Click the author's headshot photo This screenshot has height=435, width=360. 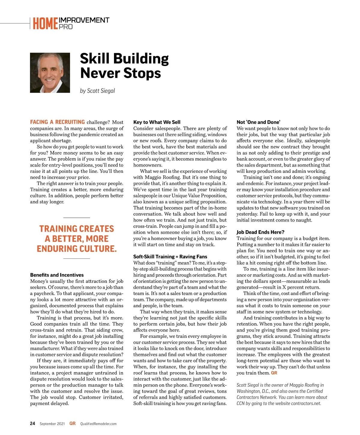(50, 73)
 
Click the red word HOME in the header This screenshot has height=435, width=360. (45, 24)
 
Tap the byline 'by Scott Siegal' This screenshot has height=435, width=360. (97, 91)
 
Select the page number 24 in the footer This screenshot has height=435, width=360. (32, 423)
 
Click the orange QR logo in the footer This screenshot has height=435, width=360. (72, 423)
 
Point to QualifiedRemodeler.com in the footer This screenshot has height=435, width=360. (98, 424)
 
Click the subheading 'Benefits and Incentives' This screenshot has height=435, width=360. (57, 275)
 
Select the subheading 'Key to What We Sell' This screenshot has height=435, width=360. (157, 122)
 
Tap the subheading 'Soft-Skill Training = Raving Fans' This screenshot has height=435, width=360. (170, 256)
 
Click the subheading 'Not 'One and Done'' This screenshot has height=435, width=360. (258, 122)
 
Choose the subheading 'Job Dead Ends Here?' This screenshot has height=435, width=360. (260, 232)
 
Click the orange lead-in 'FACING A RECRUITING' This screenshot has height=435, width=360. (57, 122)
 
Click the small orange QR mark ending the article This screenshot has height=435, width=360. (274, 373)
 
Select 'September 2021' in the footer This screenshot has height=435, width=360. (52, 424)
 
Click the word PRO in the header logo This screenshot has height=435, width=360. (66, 27)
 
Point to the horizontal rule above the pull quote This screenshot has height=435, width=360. (76, 217)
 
